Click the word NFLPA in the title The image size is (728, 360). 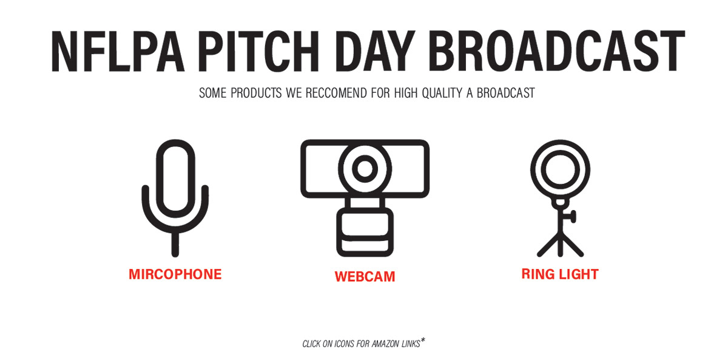click(118, 51)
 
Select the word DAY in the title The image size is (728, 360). click(375, 51)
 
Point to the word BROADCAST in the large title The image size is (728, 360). click(557, 51)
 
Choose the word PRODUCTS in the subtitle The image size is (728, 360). click(256, 93)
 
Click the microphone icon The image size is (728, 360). click(175, 198)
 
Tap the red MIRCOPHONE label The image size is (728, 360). click(175, 274)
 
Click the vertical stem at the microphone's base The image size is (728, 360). click(175, 245)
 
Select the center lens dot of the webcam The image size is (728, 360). click(365, 168)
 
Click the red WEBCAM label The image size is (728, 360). click(365, 276)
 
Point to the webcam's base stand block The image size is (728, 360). click(365, 232)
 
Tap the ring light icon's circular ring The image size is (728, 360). click(561, 143)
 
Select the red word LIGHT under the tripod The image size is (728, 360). click(579, 274)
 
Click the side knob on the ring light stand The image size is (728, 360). click(572, 217)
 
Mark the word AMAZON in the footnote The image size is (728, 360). click(385, 344)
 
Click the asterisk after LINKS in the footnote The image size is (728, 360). click(422, 341)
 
